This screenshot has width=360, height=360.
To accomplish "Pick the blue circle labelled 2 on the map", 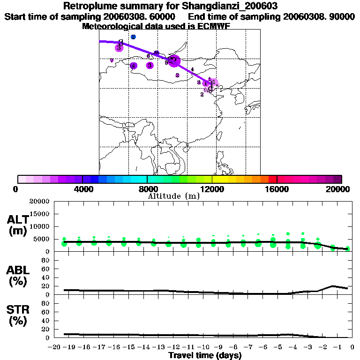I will pos(134,37).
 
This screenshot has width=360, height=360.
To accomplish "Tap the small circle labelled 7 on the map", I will pos(112,60).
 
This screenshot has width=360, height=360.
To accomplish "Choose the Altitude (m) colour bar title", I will pos(173,196).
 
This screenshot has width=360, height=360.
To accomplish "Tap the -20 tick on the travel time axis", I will pos(54,347).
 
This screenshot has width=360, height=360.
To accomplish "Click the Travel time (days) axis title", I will pos(205,355).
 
